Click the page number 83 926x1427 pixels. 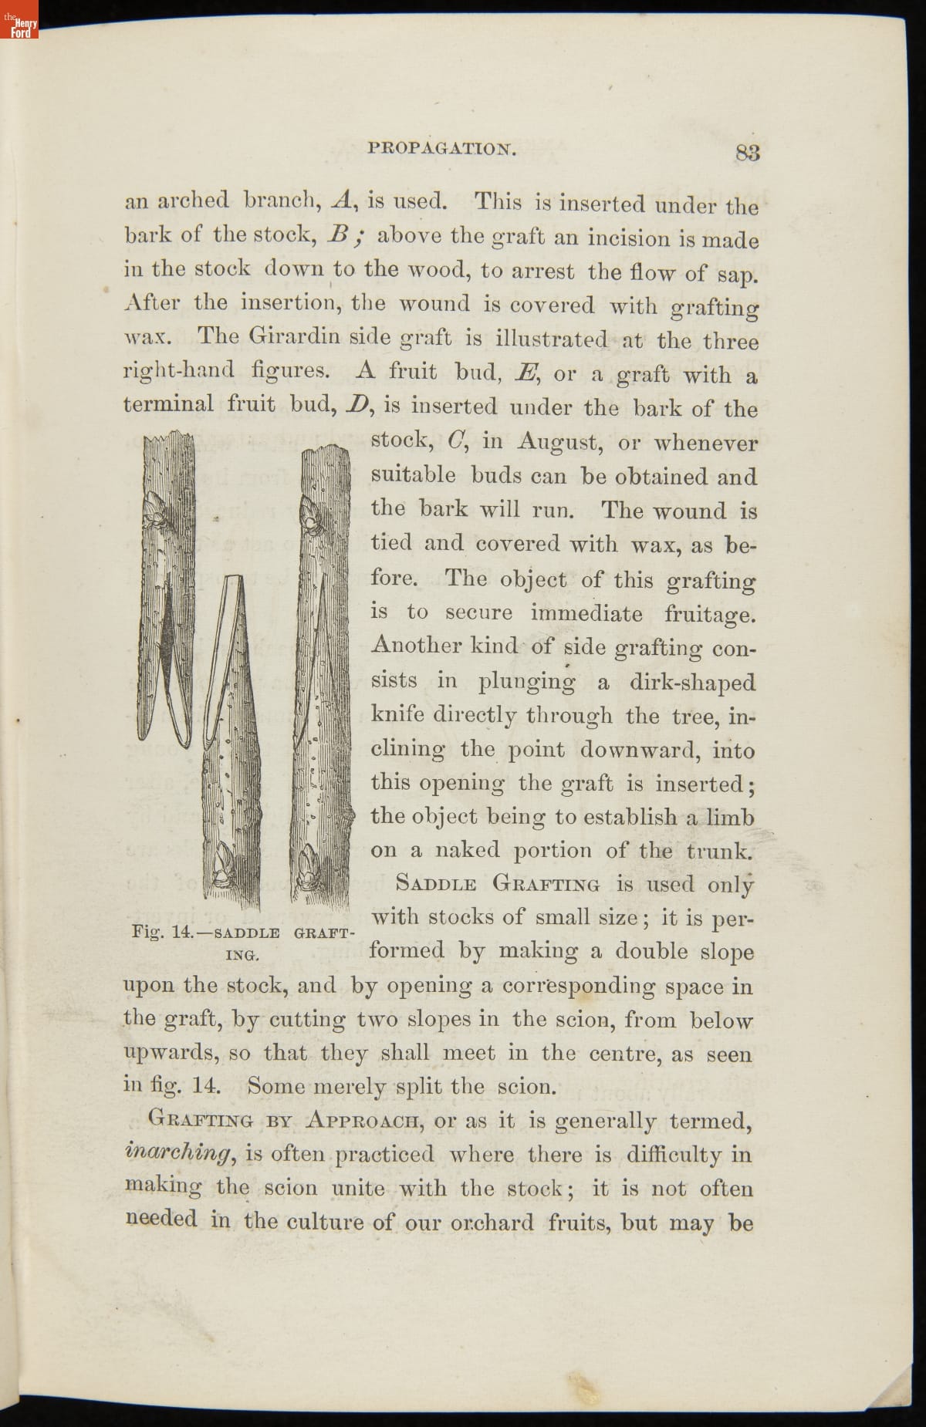(x=747, y=152)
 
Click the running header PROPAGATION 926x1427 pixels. (x=442, y=148)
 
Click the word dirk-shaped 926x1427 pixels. (x=692, y=683)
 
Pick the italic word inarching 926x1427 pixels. (x=178, y=1153)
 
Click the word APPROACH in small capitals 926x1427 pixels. (x=361, y=1119)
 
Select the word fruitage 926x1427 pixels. (x=710, y=615)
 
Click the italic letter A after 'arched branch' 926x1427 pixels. (x=341, y=201)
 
